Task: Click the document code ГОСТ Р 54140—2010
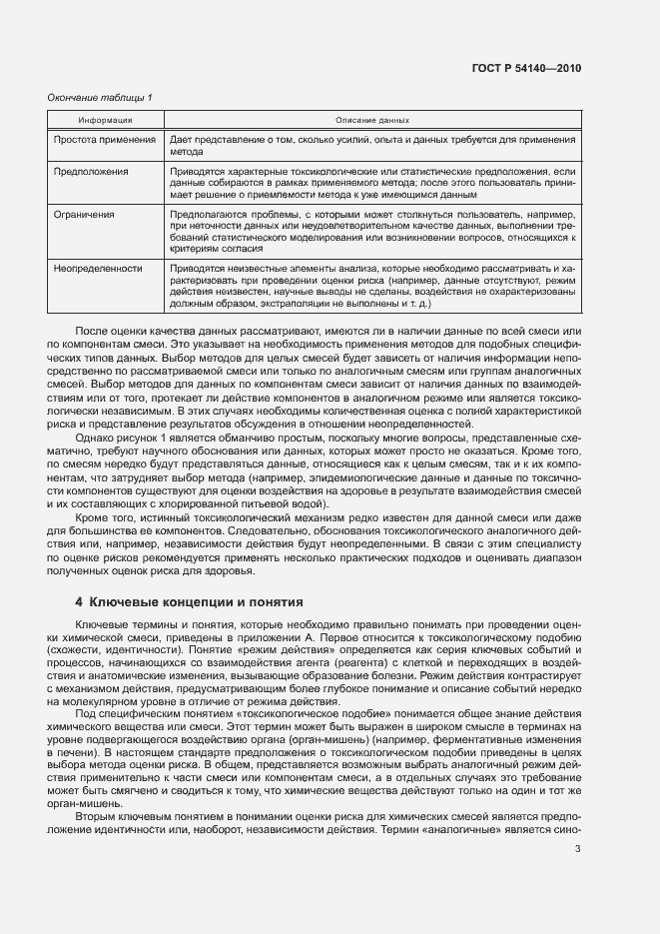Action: (x=525, y=68)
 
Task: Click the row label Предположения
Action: (x=91, y=172)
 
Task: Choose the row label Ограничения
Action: (x=85, y=214)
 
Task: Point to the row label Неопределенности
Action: (x=98, y=268)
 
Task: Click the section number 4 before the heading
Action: (x=79, y=603)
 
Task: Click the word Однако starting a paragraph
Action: (x=97, y=438)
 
